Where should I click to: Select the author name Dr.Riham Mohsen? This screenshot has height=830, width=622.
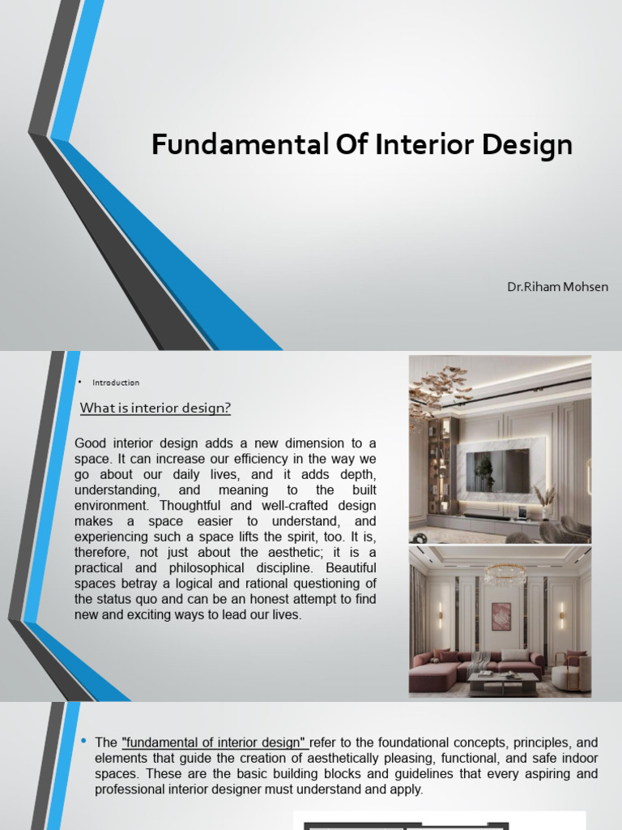coord(556,286)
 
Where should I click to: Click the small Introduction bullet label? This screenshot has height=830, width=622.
coord(116,383)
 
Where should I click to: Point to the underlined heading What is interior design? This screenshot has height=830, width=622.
coord(155,408)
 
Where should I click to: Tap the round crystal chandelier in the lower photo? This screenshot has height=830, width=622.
coord(505,575)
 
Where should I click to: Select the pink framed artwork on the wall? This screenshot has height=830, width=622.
coord(501,616)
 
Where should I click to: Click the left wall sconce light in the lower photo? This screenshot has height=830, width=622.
coord(440,614)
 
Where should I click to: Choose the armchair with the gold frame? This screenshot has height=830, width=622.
coord(572,670)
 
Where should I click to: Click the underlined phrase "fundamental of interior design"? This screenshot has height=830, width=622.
coord(214,742)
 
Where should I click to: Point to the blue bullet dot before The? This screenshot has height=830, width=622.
coord(84,742)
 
